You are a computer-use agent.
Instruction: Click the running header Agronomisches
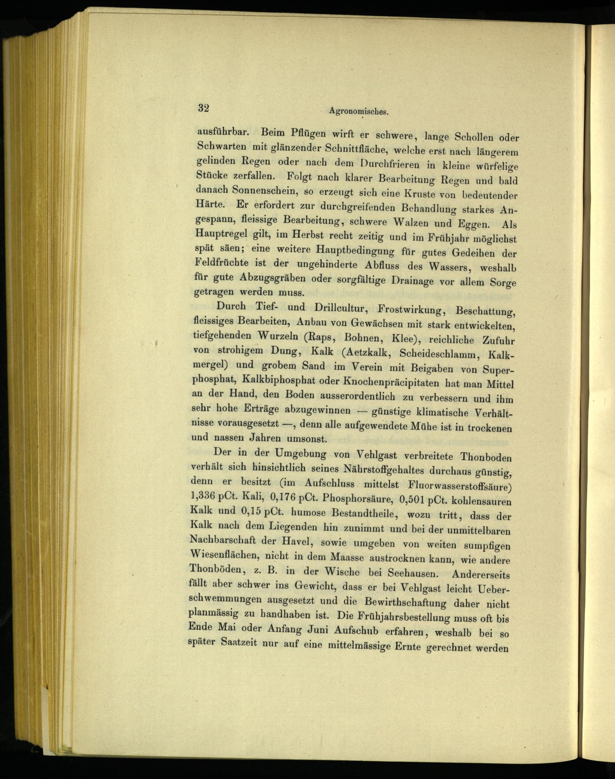(359, 112)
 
